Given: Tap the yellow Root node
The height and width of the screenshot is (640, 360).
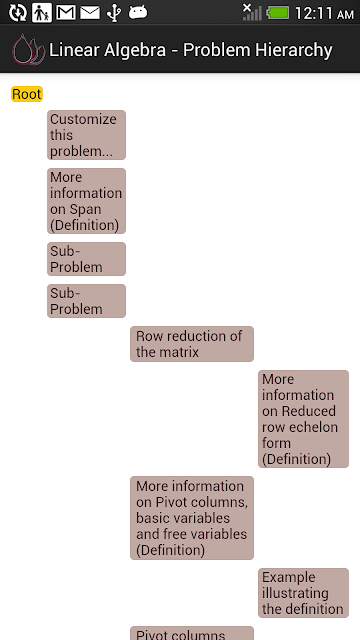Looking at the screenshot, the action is (x=27, y=94).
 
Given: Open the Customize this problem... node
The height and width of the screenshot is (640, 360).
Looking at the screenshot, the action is (x=86, y=135).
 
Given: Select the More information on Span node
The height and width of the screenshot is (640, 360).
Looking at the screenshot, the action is (x=86, y=201).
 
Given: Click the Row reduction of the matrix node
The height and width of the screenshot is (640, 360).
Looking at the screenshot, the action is (x=192, y=344).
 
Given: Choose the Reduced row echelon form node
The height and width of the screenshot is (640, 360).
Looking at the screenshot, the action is (x=303, y=419).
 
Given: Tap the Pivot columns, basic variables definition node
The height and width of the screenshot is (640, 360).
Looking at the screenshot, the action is (x=192, y=518).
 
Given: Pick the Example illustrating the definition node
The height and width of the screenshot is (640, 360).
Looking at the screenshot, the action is (x=303, y=593).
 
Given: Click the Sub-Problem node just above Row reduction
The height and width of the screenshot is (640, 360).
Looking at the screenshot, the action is (x=86, y=301).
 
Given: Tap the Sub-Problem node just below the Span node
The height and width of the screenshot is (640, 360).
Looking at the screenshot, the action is (x=86, y=259).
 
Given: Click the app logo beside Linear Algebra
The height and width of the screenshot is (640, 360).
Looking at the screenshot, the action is (x=28, y=49).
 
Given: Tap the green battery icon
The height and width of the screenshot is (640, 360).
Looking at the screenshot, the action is (x=278, y=13).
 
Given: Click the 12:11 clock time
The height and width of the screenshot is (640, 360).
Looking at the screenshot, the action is (x=313, y=13).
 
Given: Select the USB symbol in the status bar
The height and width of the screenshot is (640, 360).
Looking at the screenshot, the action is (x=114, y=13).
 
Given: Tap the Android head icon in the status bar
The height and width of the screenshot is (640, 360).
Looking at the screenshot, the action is (x=138, y=13).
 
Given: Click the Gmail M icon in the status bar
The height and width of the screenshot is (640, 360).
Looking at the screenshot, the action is (x=66, y=13).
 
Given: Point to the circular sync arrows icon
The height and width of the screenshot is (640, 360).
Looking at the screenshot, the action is (x=18, y=13).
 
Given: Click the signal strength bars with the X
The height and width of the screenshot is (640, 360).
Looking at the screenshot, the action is (x=251, y=12).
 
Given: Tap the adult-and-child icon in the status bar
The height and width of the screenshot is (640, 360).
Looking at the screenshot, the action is (x=42, y=13).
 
